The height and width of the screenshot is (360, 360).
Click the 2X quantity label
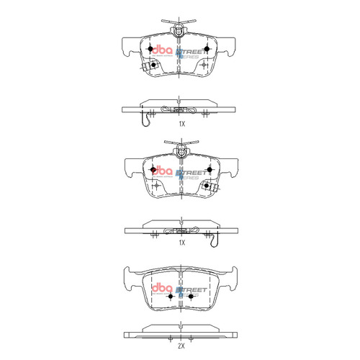tap(182, 346)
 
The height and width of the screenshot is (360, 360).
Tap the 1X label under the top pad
tap(182, 124)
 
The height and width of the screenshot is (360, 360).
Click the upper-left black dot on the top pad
tap(150, 49)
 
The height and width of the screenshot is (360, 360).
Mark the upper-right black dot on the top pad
tap(208, 49)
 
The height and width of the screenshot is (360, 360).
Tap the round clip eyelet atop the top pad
tap(179, 32)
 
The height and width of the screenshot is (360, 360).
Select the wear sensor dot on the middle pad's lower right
tap(207, 186)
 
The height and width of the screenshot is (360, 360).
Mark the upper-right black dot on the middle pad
tap(210, 170)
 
